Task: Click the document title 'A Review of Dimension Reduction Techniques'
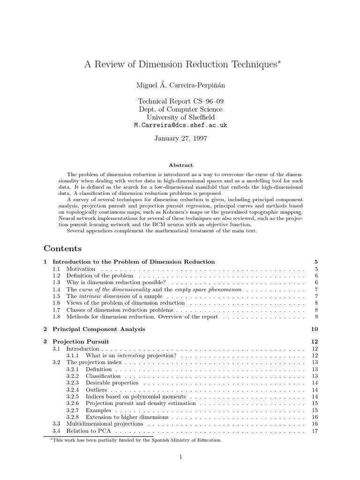pyautogui.click(x=179, y=65)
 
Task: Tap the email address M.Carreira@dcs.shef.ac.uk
pyautogui.click(x=180, y=126)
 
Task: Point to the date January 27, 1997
pyautogui.click(x=180, y=139)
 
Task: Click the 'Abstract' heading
pyautogui.click(x=180, y=165)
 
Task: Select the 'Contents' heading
pyautogui.click(x=63, y=248)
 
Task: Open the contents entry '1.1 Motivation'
pyautogui.click(x=81, y=269)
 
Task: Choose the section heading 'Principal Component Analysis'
pyautogui.click(x=99, y=329)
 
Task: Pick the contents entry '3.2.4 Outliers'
pyautogui.click(x=96, y=390)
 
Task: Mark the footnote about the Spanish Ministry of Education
pyautogui.click(x=136, y=440)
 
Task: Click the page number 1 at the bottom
pyautogui.click(x=180, y=457)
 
